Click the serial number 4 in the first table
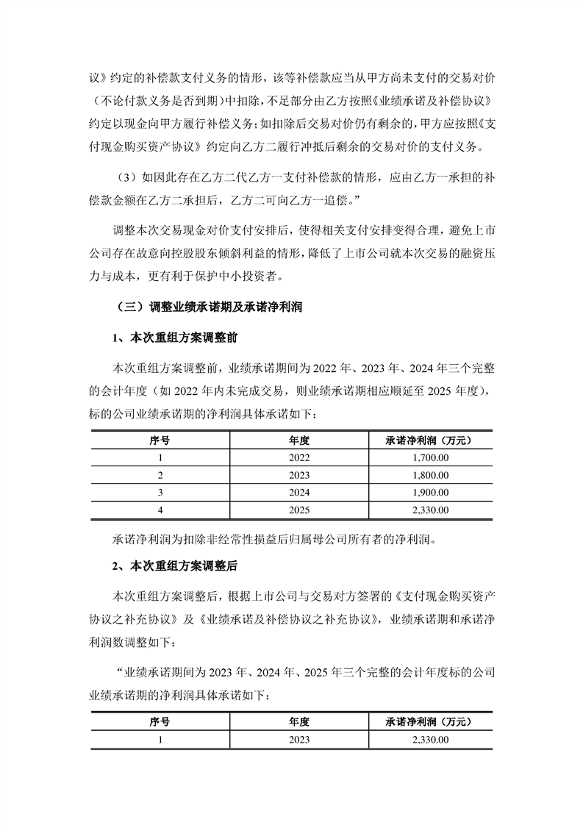pyautogui.click(x=160, y=509)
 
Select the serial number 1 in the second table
pyautogui.click(x=160, y=739)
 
